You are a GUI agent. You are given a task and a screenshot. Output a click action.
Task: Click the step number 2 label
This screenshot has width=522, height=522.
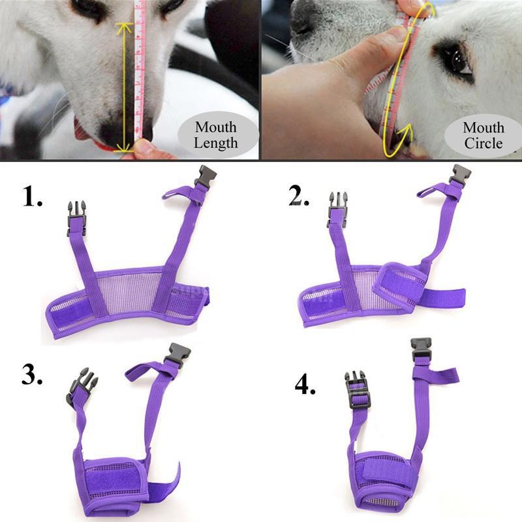(x=299, y=194)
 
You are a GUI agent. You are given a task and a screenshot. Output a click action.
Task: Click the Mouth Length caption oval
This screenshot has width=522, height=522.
(x=216, y=134)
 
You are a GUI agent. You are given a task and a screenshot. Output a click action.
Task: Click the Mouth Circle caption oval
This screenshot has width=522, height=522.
(x=484, y=134)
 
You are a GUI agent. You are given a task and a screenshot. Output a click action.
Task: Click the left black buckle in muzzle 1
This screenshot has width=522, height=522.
(x=75, y=215)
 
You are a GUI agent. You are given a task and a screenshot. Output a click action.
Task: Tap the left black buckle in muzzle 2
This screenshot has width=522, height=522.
(x=337, y=207)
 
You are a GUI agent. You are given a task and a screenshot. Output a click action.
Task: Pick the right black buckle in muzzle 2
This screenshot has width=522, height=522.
(x=459, y=176)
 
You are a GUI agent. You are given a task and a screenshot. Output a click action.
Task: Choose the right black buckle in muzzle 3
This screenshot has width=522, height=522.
(x=177, y=356)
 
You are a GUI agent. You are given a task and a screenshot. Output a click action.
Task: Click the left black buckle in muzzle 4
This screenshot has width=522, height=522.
(x=356, y=390)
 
